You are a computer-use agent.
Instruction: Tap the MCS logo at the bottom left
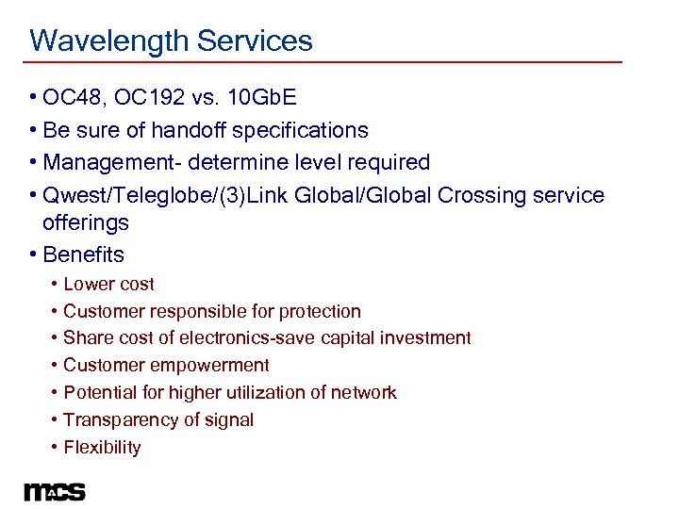(x=55, y=491)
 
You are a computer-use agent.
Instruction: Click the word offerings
(x=86, y=223)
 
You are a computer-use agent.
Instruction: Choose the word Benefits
(x=84, y=254)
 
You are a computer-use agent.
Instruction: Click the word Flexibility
(x=102, y=448)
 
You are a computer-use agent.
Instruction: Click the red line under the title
(x=325, y=62)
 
